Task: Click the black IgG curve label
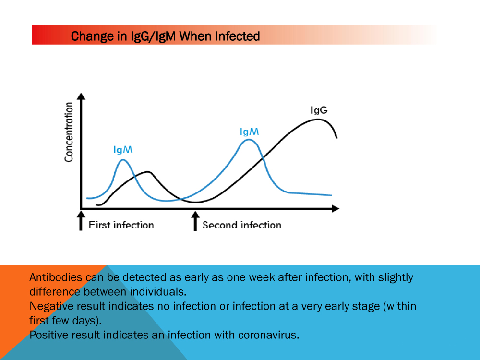click(319, 110)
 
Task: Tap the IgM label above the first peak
click(123, 150)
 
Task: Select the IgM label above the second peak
click(249, 131)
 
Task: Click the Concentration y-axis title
click(69, 132)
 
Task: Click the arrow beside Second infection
click(195, 221)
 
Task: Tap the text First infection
click(121, 225)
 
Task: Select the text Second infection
click(242, 225)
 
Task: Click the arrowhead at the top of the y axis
click(82, 96)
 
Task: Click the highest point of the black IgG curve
click(318, 119)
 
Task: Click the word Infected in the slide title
click(237, 36)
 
